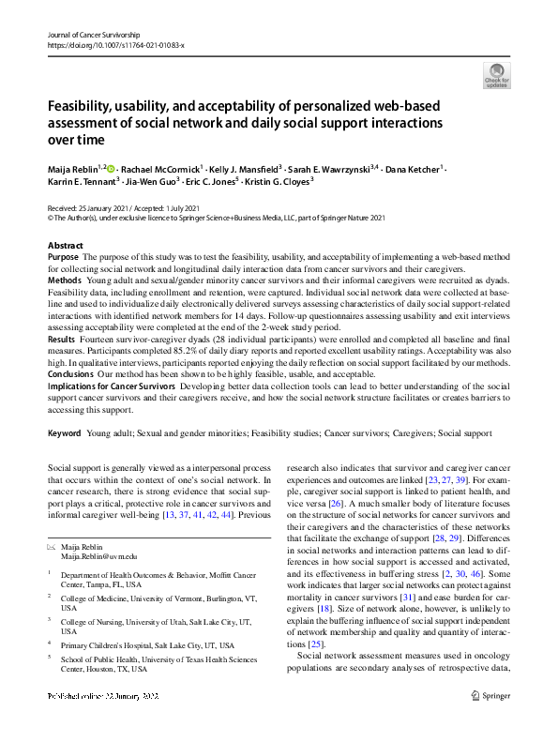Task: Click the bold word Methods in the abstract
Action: [64, 280]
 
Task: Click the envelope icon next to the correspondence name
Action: [51, 546]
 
